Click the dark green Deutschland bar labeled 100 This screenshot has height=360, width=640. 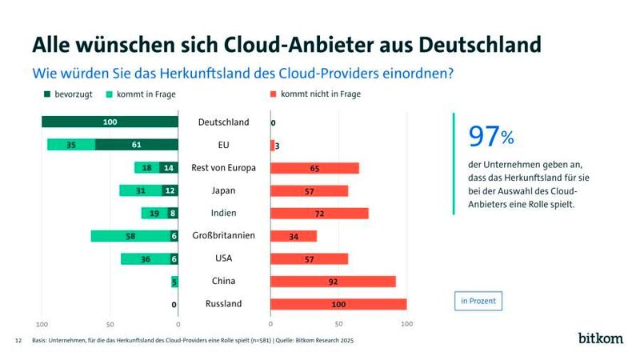pyautogui.click(x=110, y=122)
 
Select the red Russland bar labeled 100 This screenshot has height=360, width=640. pyautogui.click(x=338, y=304)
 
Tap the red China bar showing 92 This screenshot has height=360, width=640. pyautogui.click(x=333, y=282)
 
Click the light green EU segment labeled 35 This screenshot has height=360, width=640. pyautogui.click(x=71, y=145)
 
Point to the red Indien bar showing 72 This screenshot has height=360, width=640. pyautogui.click(x=319, y=214)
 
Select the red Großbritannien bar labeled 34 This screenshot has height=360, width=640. pyautogui.click(x=294, y=236)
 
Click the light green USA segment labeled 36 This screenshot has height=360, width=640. pyautogui.click(x=145, y=258)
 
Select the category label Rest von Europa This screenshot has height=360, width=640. pyautogui.click(x=223, y=167)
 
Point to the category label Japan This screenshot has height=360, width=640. pyautogui.click(x=223, y=190)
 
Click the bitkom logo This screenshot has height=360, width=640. pyautogui.click(x=600, y=338)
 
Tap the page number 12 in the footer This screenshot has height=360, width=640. pyautogui.click(x=18, y=340)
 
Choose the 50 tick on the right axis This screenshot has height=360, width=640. pyautogui.click(x=338, y=324)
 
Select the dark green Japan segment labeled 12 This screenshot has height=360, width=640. pyautogui.click(x=169, y=190)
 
